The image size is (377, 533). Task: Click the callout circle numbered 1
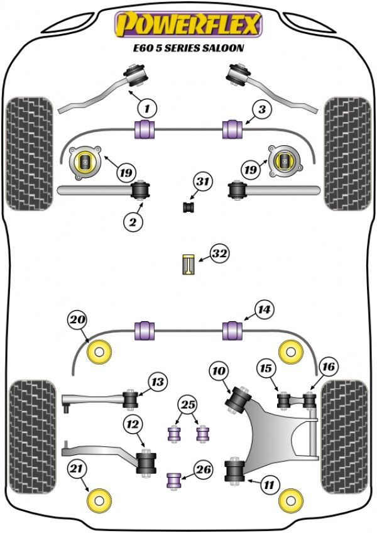coord(146,109)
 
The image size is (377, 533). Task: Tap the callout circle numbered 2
coord(133,221)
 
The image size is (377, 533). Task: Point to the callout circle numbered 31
coord(201,182)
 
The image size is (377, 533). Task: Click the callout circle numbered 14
coord(265,309)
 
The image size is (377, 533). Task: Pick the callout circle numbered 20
coord(77,320)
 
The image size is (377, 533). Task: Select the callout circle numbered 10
coord(219,371)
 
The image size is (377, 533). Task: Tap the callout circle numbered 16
coord(329,366)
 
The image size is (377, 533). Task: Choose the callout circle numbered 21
coord(77,468)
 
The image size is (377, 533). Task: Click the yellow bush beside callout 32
coord(188,263)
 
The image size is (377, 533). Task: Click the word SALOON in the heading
coord(224,48)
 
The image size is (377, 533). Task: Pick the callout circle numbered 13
coord(157,381)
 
